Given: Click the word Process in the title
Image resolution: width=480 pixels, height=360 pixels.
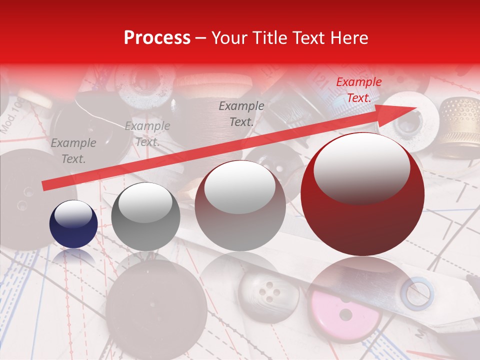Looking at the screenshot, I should [x=157, y=38].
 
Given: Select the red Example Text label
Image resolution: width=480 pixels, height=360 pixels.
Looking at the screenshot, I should [x=358, y=90].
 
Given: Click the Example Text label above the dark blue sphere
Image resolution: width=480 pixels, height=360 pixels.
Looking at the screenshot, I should [x=73, y=151].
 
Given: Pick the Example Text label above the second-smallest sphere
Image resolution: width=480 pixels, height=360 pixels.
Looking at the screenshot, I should [x=147, y=134].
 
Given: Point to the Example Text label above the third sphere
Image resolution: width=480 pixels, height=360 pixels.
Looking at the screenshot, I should [x=241, y=113].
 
